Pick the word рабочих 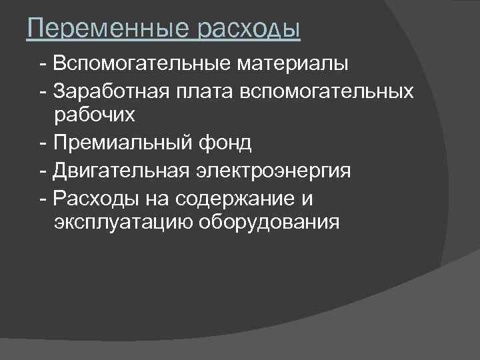click(x=95, y=115)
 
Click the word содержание click(x=257, y=198)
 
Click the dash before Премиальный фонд click(x=43, y=142)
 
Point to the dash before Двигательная click(x=43, y=170)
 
